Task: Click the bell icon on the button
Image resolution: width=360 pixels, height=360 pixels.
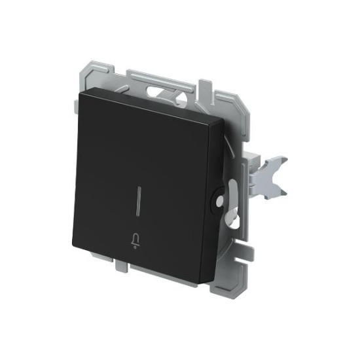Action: pos(135,242)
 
